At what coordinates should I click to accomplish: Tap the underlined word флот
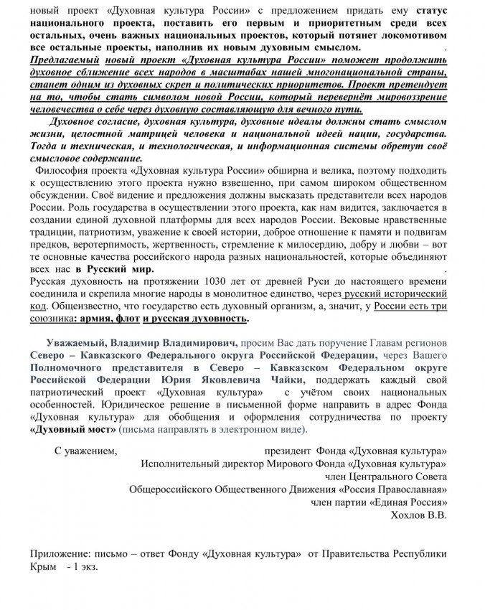[x=125, y=319]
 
